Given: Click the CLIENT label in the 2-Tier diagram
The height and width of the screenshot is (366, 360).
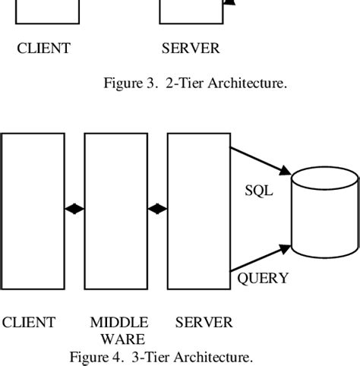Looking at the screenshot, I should [x=43, y=49].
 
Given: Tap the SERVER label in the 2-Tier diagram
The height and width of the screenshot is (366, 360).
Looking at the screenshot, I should [x=190, y=49].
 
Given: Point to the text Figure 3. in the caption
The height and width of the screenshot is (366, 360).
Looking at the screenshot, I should [x=129, y=84].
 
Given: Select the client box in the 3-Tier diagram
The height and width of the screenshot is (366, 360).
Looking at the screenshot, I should [x=33, y=209].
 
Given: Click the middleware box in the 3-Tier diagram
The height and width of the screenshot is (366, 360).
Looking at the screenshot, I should [x=115, y=209].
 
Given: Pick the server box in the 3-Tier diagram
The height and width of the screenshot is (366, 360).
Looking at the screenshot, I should [x=198, y=209].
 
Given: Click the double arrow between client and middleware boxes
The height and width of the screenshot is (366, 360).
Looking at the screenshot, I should [x=74, y=209].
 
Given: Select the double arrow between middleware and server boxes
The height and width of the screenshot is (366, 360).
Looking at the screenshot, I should [x=157, y=209].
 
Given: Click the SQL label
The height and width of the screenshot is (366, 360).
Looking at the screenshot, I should [x=258, y=191].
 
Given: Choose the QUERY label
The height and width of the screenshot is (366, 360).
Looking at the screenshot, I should [x=263, y=278].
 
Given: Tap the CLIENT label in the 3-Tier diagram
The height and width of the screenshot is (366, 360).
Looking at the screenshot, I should [x=28, y=323].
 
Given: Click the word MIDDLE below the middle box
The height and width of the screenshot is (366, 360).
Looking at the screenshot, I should [x=118, y=323].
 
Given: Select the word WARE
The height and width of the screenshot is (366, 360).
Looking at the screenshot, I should [x=118, y=339].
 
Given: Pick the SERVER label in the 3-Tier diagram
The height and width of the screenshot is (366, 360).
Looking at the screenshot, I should [x=204, y=323].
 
